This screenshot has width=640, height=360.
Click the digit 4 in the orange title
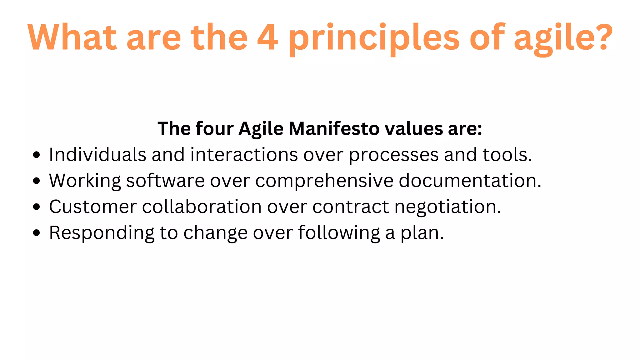pos(267,37)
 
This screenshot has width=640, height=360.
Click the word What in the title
pos(72,37)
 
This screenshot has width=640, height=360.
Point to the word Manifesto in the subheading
pos(334,129)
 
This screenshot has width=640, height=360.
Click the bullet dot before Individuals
pos(37,155)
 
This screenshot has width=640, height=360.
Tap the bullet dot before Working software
pos(37,181)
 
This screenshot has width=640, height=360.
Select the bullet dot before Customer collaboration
pos(37,207)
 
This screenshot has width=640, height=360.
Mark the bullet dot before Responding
pos(37,233)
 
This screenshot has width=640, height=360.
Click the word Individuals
pos(97,155)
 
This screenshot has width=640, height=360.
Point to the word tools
pos(507,155)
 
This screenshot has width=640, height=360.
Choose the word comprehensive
pos(324,181)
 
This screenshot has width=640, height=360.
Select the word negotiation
pos(447,207)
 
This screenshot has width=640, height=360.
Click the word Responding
pos(102,233)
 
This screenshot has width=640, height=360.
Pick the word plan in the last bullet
pos(422,233)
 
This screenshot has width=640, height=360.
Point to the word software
pos(165,181)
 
